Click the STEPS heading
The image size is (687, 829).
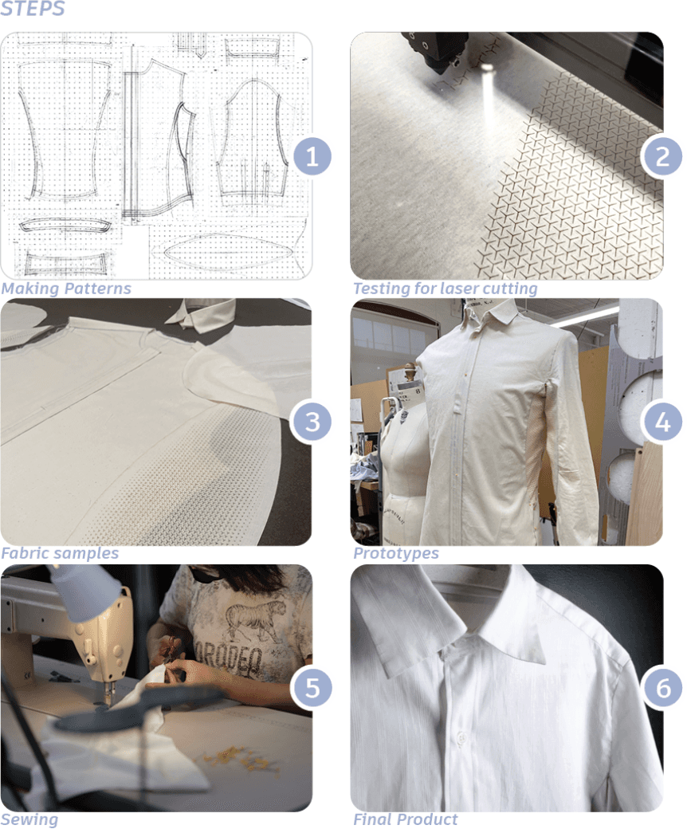32,8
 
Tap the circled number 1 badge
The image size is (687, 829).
312,156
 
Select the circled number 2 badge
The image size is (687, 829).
662,156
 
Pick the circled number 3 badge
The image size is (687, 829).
312,422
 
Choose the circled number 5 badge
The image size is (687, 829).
312,687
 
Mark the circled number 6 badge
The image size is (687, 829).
662,687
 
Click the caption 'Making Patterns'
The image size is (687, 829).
66,289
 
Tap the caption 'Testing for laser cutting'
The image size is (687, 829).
445,289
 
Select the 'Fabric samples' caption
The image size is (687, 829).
60,553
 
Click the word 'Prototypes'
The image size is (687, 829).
396,553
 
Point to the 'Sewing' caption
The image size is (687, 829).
29,819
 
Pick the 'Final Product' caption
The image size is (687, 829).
406,819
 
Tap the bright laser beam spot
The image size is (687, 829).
487,69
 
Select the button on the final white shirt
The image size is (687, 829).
461,737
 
